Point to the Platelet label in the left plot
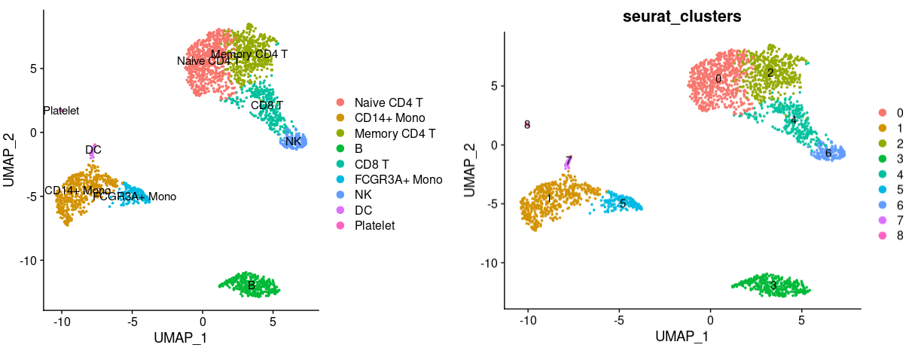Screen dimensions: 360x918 [x=61, y=111]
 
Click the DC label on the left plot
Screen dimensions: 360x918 [x=93, y=150]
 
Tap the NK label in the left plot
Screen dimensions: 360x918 [x=294, y=142]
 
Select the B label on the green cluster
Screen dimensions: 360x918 [x=251, y=285]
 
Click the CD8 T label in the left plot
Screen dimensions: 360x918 [x=267, y=105]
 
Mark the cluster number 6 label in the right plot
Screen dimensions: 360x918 [x=828, y=154]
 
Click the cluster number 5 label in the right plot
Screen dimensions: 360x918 [x=623, y=203]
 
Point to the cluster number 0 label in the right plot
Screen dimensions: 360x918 [x=718, y=78]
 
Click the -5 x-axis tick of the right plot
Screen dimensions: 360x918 [x=618, y=319]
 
